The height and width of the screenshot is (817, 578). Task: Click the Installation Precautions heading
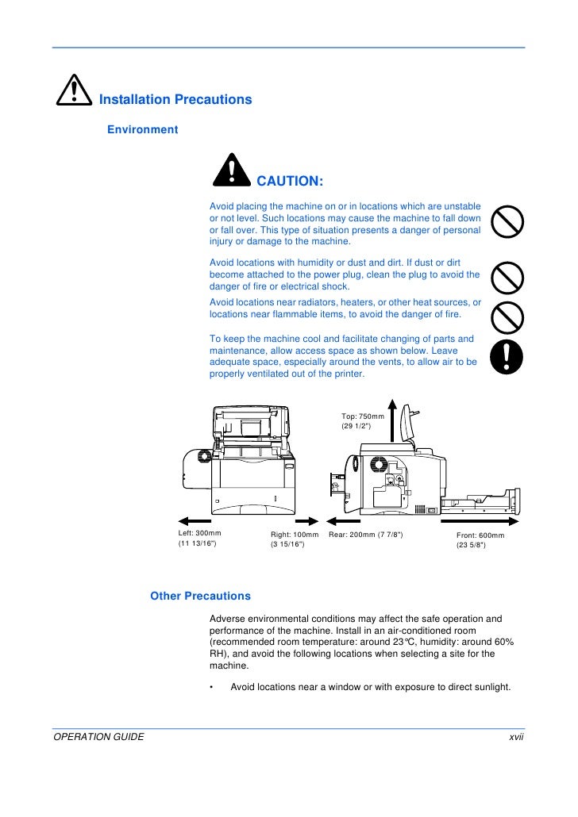175,100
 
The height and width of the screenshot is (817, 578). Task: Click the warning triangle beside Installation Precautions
73,94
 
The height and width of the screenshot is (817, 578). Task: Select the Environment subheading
143,129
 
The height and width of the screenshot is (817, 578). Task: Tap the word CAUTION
290,182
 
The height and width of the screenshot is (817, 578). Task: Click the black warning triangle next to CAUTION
231,171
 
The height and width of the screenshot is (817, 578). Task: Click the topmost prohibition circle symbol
507,222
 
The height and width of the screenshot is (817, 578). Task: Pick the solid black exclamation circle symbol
507,358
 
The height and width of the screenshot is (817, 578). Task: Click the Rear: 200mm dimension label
366,535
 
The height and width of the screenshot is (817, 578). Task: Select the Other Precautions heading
200,596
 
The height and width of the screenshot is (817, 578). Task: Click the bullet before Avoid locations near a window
212,687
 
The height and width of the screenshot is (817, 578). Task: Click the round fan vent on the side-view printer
378,462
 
